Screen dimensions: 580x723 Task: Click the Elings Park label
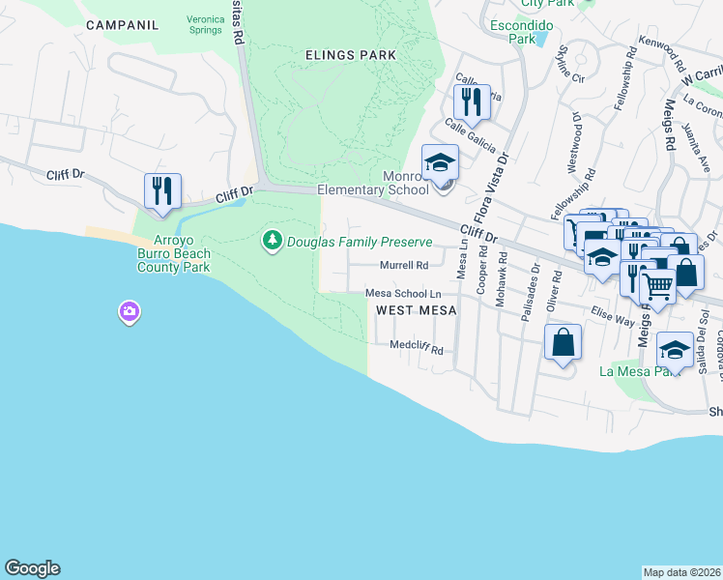(350, 55)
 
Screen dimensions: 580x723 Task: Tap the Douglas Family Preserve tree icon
(273, 239)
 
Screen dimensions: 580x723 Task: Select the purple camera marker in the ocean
(130, 311)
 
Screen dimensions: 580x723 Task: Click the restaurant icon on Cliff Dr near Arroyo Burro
(162, 189)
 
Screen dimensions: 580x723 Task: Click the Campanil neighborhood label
(122, 25)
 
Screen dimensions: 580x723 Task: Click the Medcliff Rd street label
(417, 346)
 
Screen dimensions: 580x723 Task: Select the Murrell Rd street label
(404, 265)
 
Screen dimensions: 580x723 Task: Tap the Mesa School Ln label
(403, 294)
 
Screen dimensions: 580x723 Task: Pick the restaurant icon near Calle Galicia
(472, 101)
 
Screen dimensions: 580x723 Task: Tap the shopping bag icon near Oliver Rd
(563, 342)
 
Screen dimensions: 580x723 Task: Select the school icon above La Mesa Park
(675, 349)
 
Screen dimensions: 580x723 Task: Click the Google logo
(32, 568)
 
